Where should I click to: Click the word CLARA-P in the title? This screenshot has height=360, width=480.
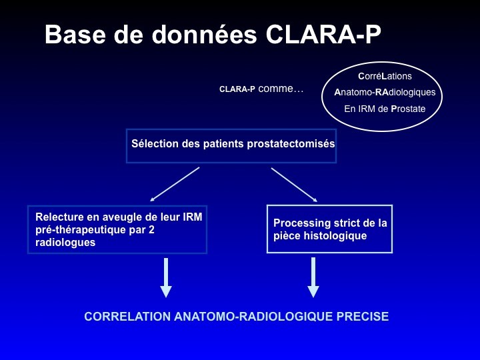[x=323, y=34]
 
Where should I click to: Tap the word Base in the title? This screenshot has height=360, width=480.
[x=75, y=34]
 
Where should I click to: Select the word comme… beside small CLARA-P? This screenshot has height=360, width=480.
[x=281, y=89]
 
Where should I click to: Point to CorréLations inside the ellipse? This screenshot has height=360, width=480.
[x=385, y=76]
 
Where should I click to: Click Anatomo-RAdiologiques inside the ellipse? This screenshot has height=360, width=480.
[x=385, y=92]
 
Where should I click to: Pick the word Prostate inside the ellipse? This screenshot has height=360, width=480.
[x=408, y=109]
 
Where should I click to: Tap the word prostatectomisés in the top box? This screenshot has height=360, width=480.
[x=291, y=144]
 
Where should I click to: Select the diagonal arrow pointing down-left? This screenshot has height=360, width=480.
[x=175, y=184]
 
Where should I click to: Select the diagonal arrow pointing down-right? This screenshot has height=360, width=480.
[x=294, y=185]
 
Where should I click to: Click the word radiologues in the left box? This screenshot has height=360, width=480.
[x=65, y=243]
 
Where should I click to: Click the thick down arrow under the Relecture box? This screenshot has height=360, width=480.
[x=166, y=277]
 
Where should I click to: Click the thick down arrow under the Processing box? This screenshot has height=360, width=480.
[x=313, y=277]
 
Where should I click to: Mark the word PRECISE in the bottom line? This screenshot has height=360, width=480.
[x=363, y=316]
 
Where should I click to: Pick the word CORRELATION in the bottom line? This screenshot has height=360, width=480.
[x=127, y=316]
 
